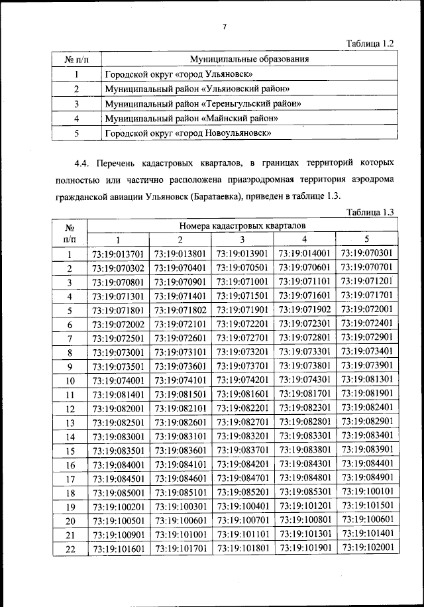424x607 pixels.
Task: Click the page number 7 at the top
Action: [x=225, y=27]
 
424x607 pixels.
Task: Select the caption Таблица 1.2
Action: [x=370, y=43]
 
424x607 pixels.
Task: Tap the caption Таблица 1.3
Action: [x=370, y=212]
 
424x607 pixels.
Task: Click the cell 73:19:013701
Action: [x=118, y=254]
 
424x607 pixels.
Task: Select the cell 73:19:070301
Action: [x=366, y=253]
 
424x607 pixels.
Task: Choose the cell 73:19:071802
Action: [x=180, y=309]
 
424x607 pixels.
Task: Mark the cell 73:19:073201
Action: [x=242, y=351]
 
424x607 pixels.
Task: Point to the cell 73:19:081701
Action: [x=304, y=394]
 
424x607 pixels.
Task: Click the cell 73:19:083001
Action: [x=118, y=436]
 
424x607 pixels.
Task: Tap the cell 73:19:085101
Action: [x=180, y=492]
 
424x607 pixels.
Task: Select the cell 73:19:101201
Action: [x=304, y=506]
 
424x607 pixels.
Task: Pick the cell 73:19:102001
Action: [x=366, y=548]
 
